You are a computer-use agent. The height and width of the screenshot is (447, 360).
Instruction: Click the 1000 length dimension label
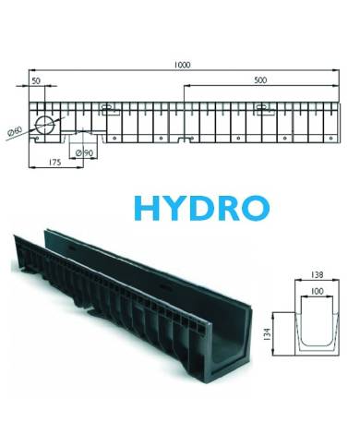coord(183,65)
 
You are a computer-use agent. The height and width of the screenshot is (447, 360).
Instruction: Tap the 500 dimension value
coord(260,80)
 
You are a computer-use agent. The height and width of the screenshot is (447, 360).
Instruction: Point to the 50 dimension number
coord(36,81)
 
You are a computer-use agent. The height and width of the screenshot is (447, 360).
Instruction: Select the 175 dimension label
coord(55,163)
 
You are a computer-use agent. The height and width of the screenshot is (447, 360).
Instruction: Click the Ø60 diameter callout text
coord(16,131)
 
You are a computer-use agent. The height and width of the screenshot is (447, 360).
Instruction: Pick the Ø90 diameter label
coord(84,152)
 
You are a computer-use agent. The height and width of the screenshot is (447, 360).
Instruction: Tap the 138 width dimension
coord(317,274)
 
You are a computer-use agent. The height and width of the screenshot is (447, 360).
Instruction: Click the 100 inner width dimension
coord(317,291)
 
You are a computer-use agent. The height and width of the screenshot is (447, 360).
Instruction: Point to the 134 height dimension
coord(268,334)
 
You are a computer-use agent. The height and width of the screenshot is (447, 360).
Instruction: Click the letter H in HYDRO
coord(146,208)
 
